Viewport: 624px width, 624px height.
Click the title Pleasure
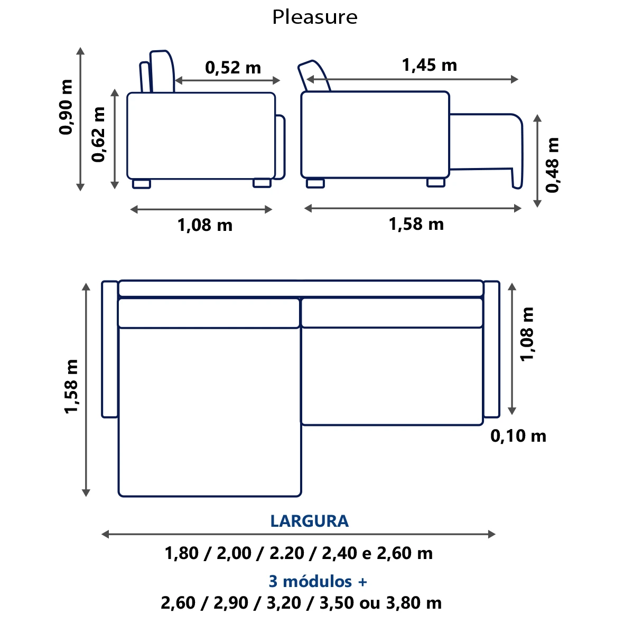pos(315,17)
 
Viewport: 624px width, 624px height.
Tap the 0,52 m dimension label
pos(233,68)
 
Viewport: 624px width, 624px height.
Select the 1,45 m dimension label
pos(430,66)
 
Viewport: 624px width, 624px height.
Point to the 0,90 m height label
pos(66,107)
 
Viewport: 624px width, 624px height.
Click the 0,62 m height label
pos(98,135)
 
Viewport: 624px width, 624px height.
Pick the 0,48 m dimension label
pos(552,165)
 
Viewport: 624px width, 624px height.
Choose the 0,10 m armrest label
pos(518,436)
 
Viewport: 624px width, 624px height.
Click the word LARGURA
pos(310,521)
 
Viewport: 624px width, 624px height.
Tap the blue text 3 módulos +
pos(318,581)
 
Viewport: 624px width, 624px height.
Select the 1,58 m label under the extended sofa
pos(416,224)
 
